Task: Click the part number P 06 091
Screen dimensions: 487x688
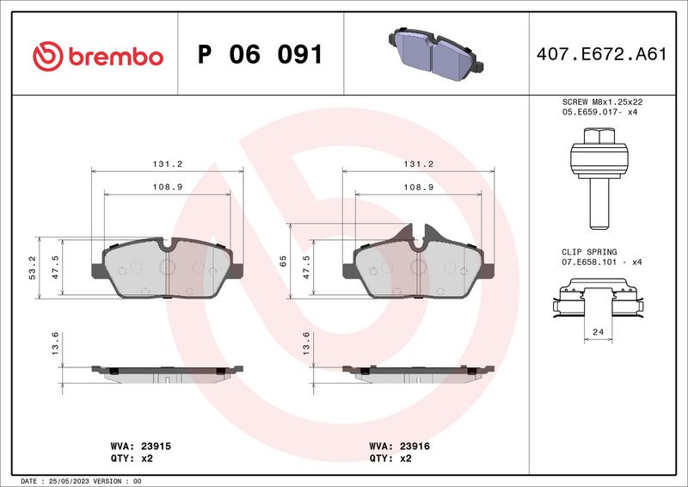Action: click(x=260, y=55)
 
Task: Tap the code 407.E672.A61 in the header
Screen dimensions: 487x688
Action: click(x=601, y=55)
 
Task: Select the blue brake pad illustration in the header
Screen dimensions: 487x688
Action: click(x=433, y=52)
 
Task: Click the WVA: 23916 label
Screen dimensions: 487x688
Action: click(x=399, y=447)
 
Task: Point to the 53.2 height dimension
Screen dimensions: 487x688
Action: click(x=32, y=268)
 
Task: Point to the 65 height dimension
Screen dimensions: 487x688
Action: click(x=283, y=262)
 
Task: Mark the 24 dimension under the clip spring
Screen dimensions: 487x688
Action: click(x=599, y=331)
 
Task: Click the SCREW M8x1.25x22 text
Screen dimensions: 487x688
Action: click(x=601, y=102)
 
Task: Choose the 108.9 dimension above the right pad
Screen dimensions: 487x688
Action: click(x=418, y=187)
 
